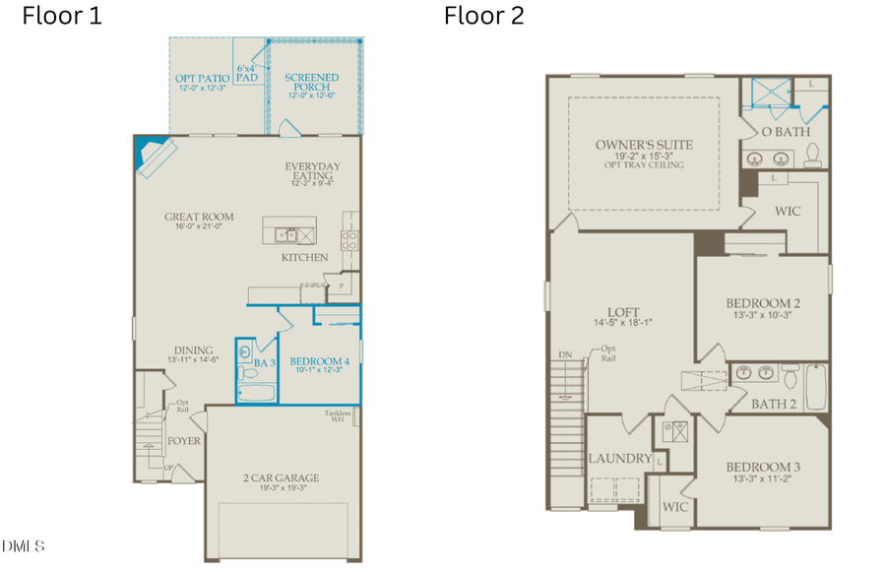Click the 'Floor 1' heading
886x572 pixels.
(61, 16)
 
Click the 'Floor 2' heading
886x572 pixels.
(483, 16)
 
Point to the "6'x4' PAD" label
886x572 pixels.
(247, 74)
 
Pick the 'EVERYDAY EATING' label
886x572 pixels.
(311, 173)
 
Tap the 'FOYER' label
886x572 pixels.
(184, 441)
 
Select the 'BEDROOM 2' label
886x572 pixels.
(763, 303)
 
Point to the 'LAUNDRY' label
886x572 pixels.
(619, 459)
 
